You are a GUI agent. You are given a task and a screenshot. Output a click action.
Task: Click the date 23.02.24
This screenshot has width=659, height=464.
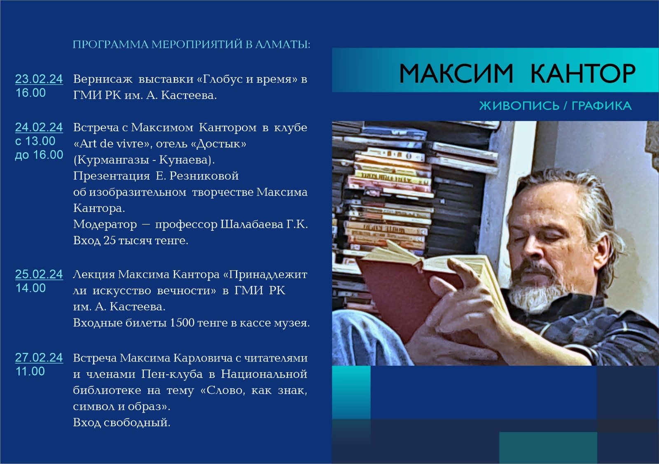[x=39, y=79]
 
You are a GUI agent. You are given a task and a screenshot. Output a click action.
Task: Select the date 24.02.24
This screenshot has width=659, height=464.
[x=39, y=127]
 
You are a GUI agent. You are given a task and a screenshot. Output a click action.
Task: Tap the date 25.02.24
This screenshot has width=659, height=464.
[x=39, y=274]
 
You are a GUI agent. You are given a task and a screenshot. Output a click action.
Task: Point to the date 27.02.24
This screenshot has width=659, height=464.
[x=39, y=357]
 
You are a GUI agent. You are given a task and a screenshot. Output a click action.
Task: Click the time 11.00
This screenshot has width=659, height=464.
[x=30, y=371]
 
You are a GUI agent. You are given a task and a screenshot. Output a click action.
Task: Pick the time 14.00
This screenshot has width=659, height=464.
[x=30, y=288]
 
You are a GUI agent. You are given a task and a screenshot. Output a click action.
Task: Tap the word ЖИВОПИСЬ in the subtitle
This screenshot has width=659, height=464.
[x=519, y=106]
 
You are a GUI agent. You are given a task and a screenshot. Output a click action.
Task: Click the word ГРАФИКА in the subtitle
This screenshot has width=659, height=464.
[x=602, y=106]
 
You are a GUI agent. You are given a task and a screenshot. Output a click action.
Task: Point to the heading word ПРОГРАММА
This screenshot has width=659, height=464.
[x=111, y=44]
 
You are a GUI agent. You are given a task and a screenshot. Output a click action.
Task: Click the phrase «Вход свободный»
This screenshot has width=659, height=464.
[x=122, y=422]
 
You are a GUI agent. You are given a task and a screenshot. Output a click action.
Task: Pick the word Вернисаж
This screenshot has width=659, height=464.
[x=103, y=79]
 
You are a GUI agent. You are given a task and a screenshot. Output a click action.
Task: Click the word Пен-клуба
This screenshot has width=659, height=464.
[x=172, y=374]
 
